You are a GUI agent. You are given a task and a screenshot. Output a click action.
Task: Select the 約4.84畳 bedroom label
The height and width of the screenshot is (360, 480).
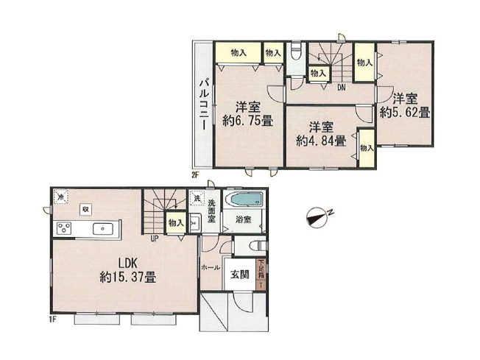click(x=321, y=134)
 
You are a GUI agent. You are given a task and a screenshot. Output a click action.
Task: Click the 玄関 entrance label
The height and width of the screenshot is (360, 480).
click(x=240, y=275)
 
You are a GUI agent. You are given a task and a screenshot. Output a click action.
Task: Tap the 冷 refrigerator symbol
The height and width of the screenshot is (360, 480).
click(x=60, y=197)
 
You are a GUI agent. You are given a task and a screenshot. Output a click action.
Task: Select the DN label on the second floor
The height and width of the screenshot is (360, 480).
click(x=342, y=88)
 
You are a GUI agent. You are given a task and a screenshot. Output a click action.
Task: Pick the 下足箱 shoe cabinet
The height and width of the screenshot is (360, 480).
click(x=261, y=275)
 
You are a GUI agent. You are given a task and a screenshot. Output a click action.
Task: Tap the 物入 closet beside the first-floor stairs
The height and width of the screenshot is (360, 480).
click(x=175, y=222)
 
